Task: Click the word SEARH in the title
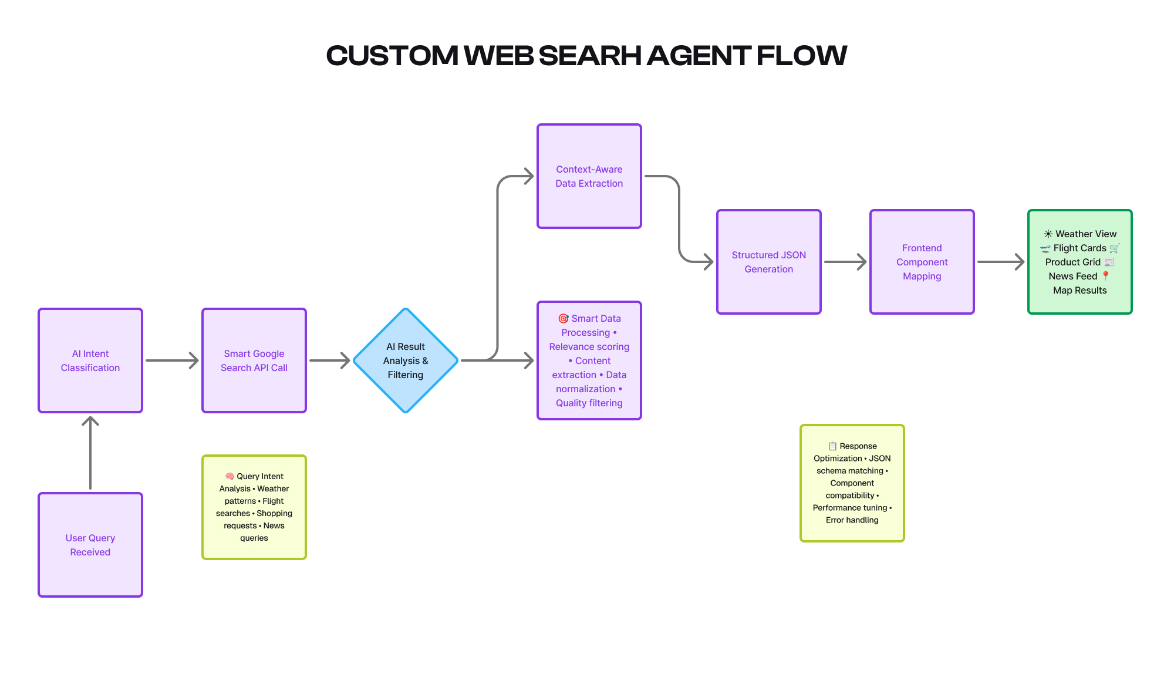(589, 56)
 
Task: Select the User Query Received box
(90, 545)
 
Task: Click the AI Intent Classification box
(90, 360)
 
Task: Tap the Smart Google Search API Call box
(254, 360)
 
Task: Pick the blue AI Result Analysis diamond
(406, 360)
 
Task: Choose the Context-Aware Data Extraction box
(589, 176)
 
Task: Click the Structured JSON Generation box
(768, 262)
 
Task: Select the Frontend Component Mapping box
(922, 262)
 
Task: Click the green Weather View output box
(1079, 262)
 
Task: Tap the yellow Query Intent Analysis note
(254, 507)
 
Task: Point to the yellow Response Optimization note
(852, 483)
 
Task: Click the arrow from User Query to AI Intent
(90, 452)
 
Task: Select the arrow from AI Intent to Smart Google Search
(172, 360)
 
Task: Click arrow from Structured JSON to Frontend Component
(845, 262)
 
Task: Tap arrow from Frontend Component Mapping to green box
(1000, 262)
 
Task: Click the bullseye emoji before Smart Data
(563, 318)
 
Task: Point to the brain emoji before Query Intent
(230, 476)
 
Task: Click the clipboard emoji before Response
(832, 446)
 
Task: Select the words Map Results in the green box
(1079, 290)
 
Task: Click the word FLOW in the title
(801, 56)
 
